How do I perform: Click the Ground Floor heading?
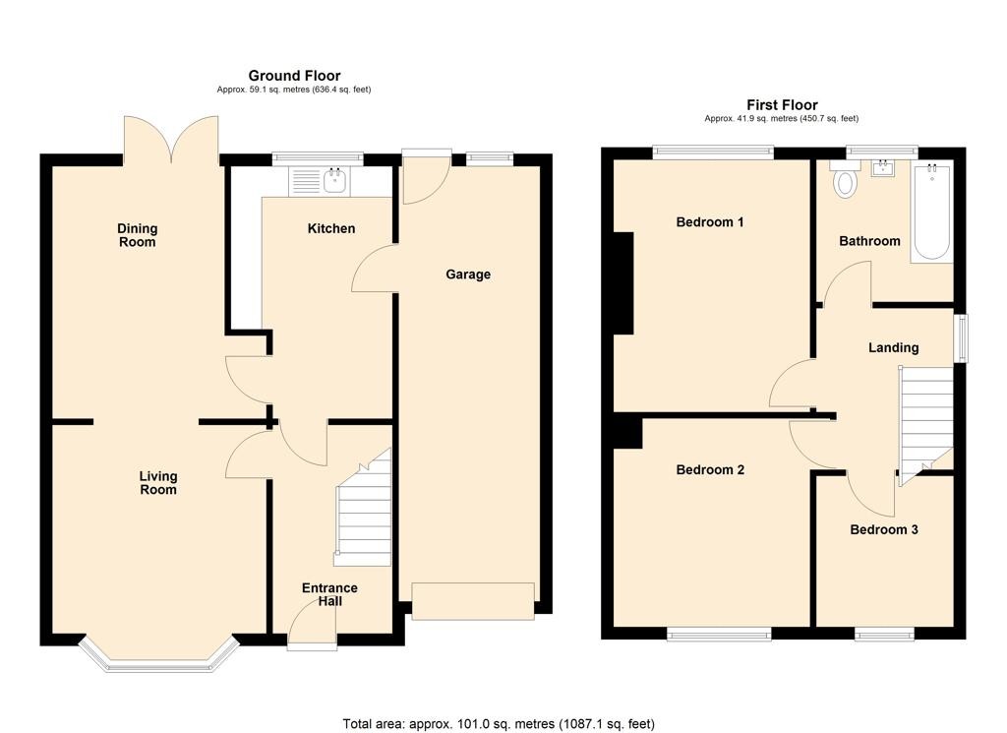[294, 76]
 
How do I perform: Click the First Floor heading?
[782, 105]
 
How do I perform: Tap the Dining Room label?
[137, 235]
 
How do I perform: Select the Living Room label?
[157, 483]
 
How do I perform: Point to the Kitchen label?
[331, 228]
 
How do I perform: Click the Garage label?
[468, 275]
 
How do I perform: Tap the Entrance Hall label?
[329, 594]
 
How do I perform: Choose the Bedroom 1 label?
[710, 222]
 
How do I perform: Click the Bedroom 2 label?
[710, 470]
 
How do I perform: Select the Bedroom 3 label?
[884, 529]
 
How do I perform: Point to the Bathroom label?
[869, 241]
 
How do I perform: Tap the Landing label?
[893, 347]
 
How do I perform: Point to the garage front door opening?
[473, 601]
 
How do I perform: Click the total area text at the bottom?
[499, 724]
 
